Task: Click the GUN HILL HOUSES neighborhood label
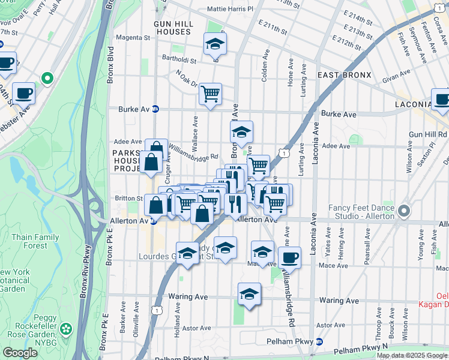pos(172,26)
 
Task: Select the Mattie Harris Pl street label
pos(230,10)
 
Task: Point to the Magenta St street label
pos(133,38)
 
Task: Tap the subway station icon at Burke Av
pos(155,109)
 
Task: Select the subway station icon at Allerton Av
pos(154,221)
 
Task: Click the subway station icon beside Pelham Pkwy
pos(319,341)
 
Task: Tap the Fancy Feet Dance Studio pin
pos(403,211)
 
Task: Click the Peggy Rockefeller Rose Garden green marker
pos(65,329)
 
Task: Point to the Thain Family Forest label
pos(35,241)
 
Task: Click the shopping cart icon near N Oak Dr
pos(210,94)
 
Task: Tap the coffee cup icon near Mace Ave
pos(291,257)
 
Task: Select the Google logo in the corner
pos(20,353)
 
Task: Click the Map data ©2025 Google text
pos(412,355)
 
